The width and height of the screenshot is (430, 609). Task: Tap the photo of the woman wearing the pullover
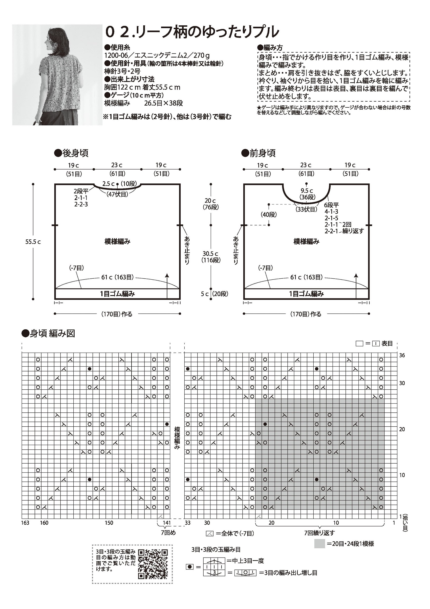coord(57,75)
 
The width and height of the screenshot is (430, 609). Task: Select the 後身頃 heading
coord(72,153)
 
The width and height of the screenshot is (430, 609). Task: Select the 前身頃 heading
coord(259,153)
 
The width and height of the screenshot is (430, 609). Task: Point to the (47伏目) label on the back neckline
coord(117,194)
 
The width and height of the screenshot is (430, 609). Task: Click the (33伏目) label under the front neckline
coord(306,209)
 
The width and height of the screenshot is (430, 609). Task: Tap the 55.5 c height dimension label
coord(33,242)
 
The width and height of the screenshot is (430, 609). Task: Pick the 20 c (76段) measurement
coord(211,204)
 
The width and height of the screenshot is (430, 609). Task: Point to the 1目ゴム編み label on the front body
coord(306,294)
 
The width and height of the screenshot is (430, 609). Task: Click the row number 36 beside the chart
coord(402,355)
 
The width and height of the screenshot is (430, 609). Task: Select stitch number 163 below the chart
coord(25,523)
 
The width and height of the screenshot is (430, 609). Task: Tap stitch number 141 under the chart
coord(167,523)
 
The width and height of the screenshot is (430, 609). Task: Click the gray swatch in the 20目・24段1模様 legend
coord(319,544)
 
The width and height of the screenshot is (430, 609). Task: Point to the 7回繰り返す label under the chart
coord(319,533)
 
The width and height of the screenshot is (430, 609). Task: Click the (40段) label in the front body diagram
coord(269,215)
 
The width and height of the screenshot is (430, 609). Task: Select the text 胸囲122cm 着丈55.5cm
coord(142,87)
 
